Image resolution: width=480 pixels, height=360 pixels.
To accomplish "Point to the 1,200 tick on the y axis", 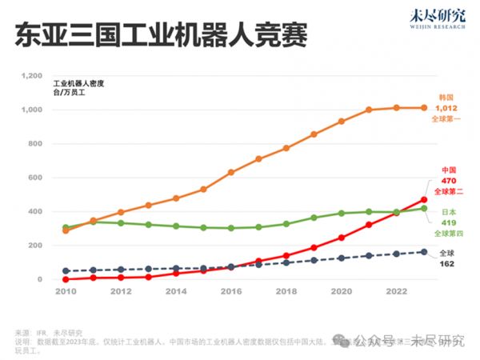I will (x=30, y=76).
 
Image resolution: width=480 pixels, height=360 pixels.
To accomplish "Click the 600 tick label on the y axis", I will (x=34, y=178).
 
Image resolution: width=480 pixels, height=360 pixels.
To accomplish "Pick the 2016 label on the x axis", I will (x=231, y=291).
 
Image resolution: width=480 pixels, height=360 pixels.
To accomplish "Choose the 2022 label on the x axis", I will (x=397, y=291).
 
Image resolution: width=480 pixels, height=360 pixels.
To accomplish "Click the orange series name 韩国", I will (x=446, y=96).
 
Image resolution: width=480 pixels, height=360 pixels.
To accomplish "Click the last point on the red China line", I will (x=424, y=200).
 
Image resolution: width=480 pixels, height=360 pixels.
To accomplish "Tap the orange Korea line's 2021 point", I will (x=369, y=110).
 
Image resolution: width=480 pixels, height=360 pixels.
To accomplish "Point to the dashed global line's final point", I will (x=424, y=252).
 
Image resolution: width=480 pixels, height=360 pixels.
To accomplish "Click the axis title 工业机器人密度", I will (x=79, y=83).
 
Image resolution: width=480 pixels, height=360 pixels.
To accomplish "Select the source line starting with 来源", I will (x=48, y=333).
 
